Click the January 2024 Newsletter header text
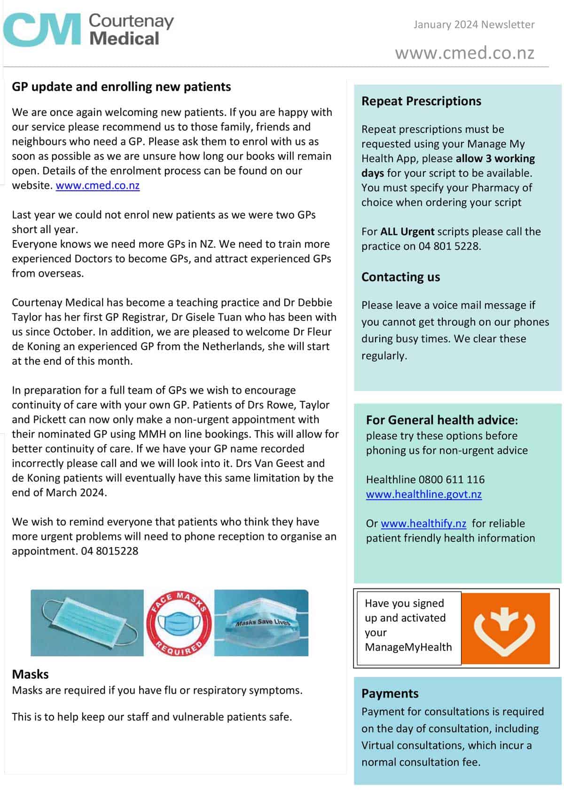click(x=474, y=24)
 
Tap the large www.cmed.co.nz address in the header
click(x=464, y=53)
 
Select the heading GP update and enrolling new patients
click(x=121, y=87)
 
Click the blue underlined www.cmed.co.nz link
click(x=98, y=185)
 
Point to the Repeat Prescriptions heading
click(x=421, y=101)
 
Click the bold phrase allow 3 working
click(x=495, y=158)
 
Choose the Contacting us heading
click(x=400, y=277)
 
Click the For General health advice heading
click(x=441, y=420)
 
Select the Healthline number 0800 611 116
click(x=451, y=479)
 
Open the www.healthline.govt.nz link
click(x=423, y=494)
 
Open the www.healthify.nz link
click(x=423, y=524)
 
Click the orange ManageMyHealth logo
click(x=505, y=627)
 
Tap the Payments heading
click(x=390, y=694)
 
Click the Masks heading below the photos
click(x=31, y=674)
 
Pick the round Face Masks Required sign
click(x=179, y=623)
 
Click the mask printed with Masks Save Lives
click(x=261, y=623)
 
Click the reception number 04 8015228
click(x=110, y=551)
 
